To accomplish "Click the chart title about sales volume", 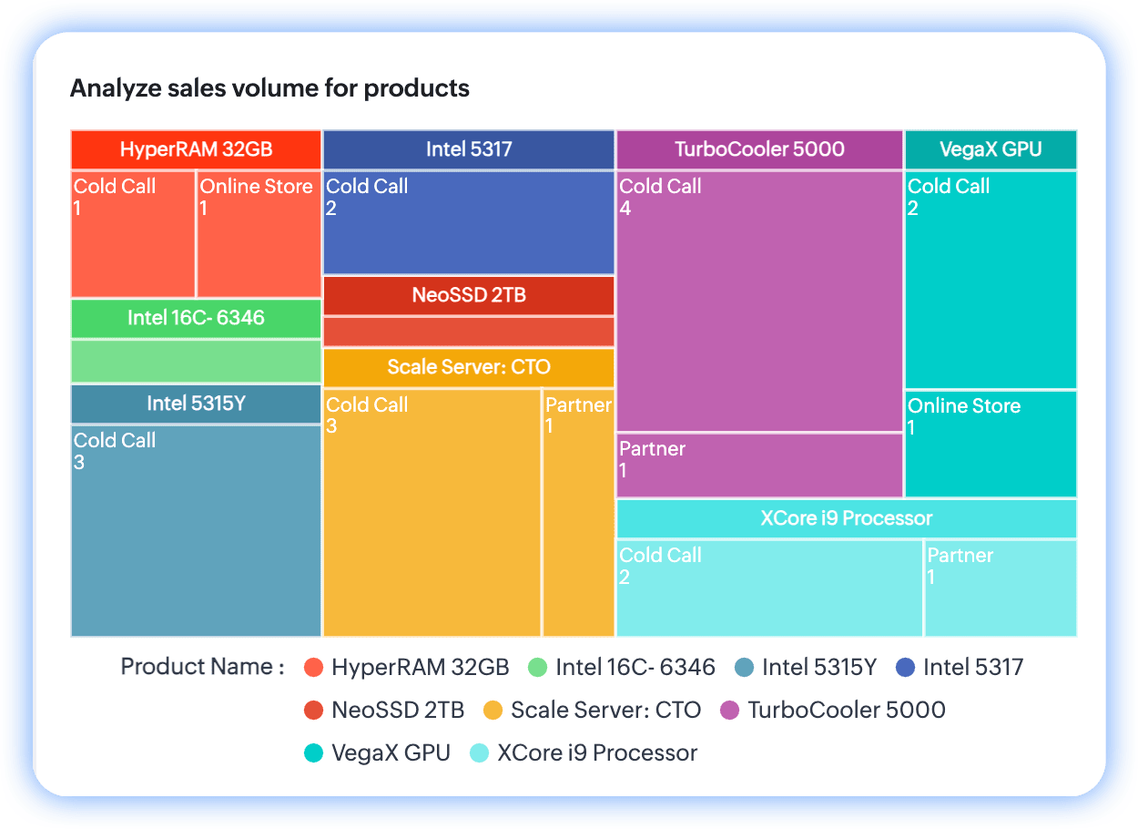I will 269,88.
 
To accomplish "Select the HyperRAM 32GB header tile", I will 196,149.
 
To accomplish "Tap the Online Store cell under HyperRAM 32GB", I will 259,234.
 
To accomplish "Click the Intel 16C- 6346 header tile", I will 196,318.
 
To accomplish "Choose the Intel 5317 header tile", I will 469,149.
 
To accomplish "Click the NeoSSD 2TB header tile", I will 469,295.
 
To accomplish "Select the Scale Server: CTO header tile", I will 469,367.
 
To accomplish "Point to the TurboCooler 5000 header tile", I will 759,149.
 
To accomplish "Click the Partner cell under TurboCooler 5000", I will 759,465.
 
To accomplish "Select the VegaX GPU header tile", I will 991,149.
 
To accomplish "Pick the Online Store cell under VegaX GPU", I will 991,444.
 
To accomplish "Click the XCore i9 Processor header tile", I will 847,518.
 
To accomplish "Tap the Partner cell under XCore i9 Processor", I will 1001,588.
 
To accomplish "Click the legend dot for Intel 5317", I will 906,668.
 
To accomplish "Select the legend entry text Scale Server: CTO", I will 605,710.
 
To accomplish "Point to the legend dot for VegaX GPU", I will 314,753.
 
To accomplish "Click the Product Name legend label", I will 202,667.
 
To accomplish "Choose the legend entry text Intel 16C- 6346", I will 635,668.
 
